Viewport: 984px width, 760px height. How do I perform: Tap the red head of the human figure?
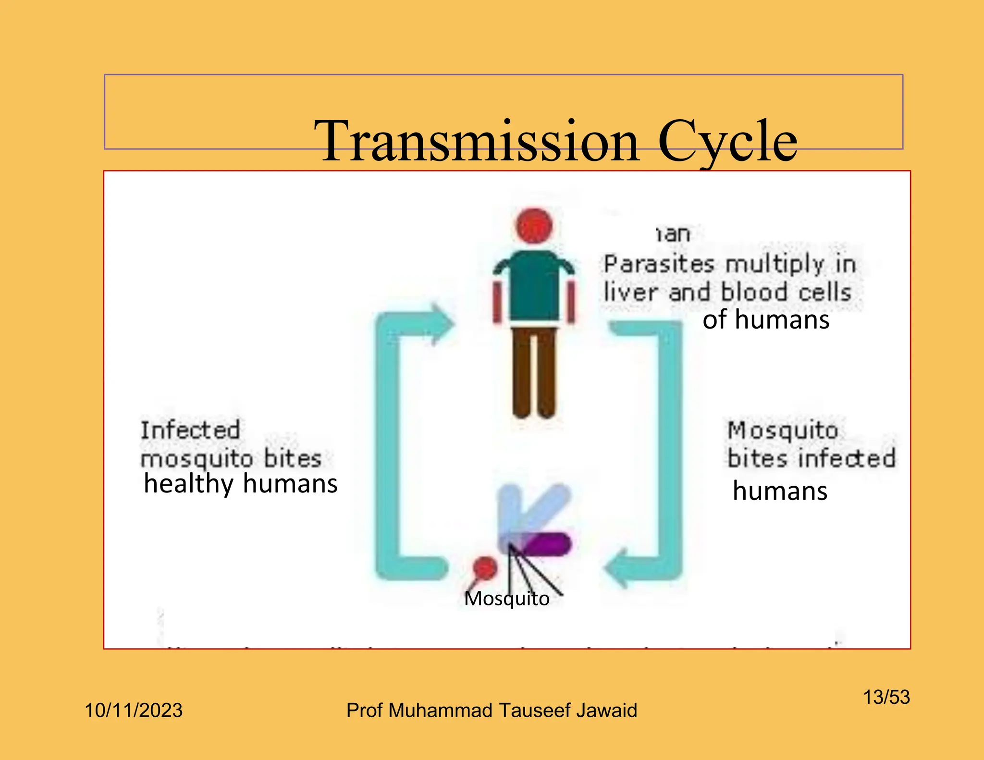534,225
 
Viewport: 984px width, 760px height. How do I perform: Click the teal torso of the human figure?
534,286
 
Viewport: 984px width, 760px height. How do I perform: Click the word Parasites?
659,264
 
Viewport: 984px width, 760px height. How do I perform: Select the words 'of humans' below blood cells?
766,320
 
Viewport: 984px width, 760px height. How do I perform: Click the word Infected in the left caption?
190,430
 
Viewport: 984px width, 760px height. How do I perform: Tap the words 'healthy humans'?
240,484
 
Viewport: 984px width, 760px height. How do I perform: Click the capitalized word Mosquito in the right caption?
783,430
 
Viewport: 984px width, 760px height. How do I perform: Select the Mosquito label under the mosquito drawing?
506,599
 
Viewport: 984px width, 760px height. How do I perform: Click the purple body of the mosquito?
548,544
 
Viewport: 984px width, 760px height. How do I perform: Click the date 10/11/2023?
134,710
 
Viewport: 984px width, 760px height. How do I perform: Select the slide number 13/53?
886,697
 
